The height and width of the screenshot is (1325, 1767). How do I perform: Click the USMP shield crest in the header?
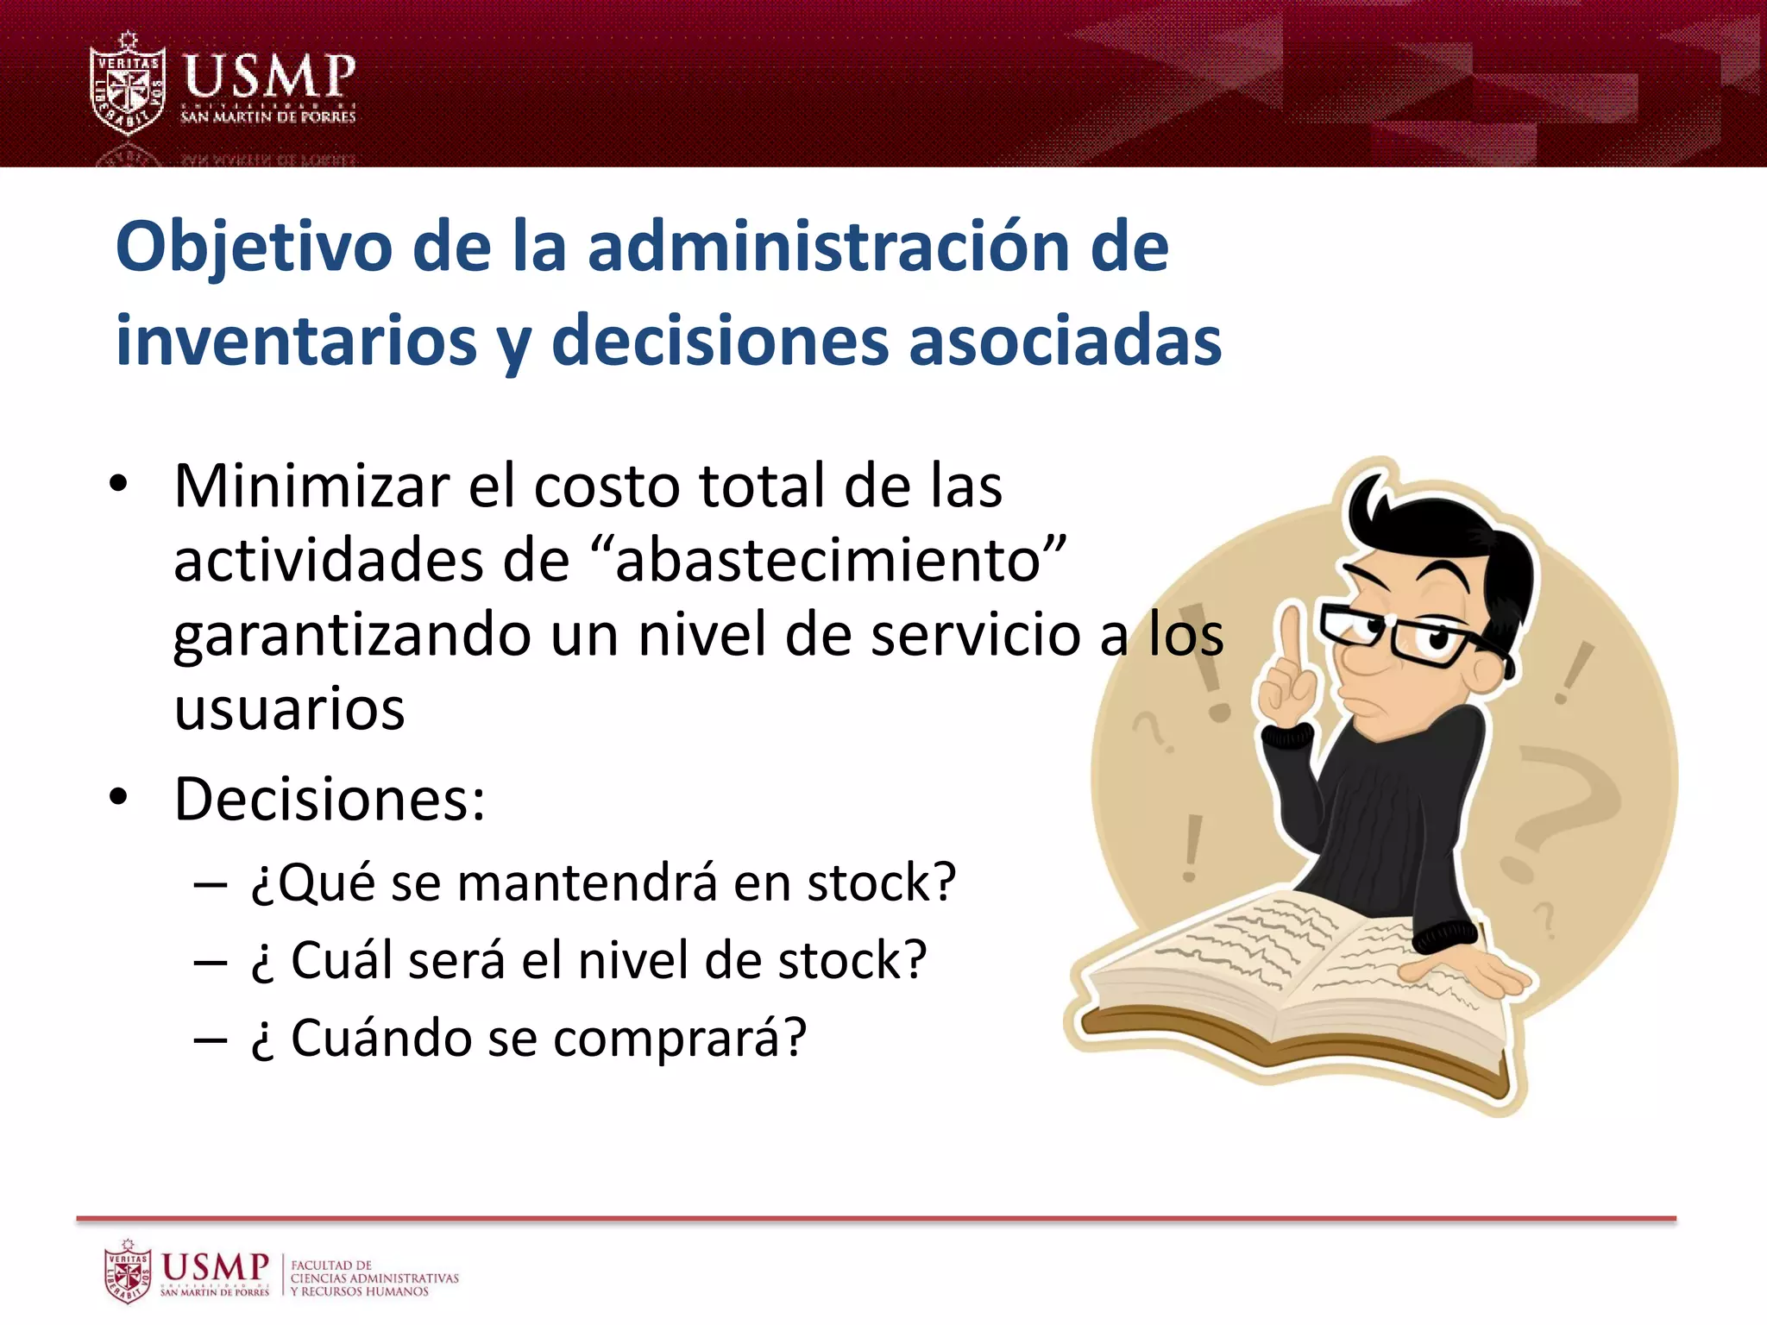click(128, 85)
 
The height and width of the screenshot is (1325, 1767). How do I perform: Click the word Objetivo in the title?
click(255, 248)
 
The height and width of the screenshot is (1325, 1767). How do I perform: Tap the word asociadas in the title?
click(1065, 341)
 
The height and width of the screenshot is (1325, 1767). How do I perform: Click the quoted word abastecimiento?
click(829, 561)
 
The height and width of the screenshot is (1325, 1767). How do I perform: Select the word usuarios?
click(289, 709)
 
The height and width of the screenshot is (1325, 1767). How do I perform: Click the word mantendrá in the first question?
click(587, 883)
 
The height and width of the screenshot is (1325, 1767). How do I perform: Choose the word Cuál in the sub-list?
click(340, 960)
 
